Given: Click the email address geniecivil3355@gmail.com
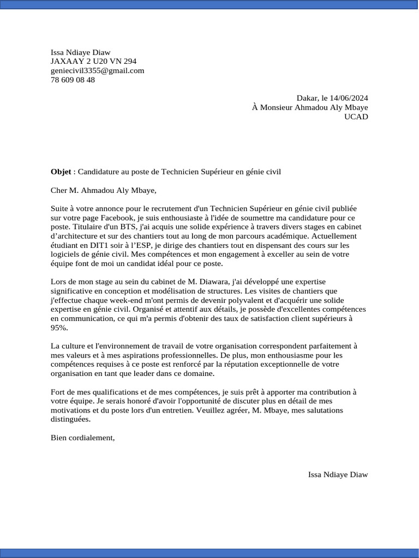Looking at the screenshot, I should [97, 71].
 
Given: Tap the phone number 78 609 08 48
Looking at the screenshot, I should [73, 80].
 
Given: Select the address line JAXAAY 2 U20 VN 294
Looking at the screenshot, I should [93, 62].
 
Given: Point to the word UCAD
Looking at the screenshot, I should [356, 117].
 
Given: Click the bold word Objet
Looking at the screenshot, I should [61, 172].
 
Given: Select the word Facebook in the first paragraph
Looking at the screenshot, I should [107, 217].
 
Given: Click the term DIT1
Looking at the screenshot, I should [97, 245].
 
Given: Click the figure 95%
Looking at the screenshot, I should [59, 328].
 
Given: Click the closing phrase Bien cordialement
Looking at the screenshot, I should [82, 438].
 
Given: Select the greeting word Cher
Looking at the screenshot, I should [59, 190].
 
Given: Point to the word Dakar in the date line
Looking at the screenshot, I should [307, 99].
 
